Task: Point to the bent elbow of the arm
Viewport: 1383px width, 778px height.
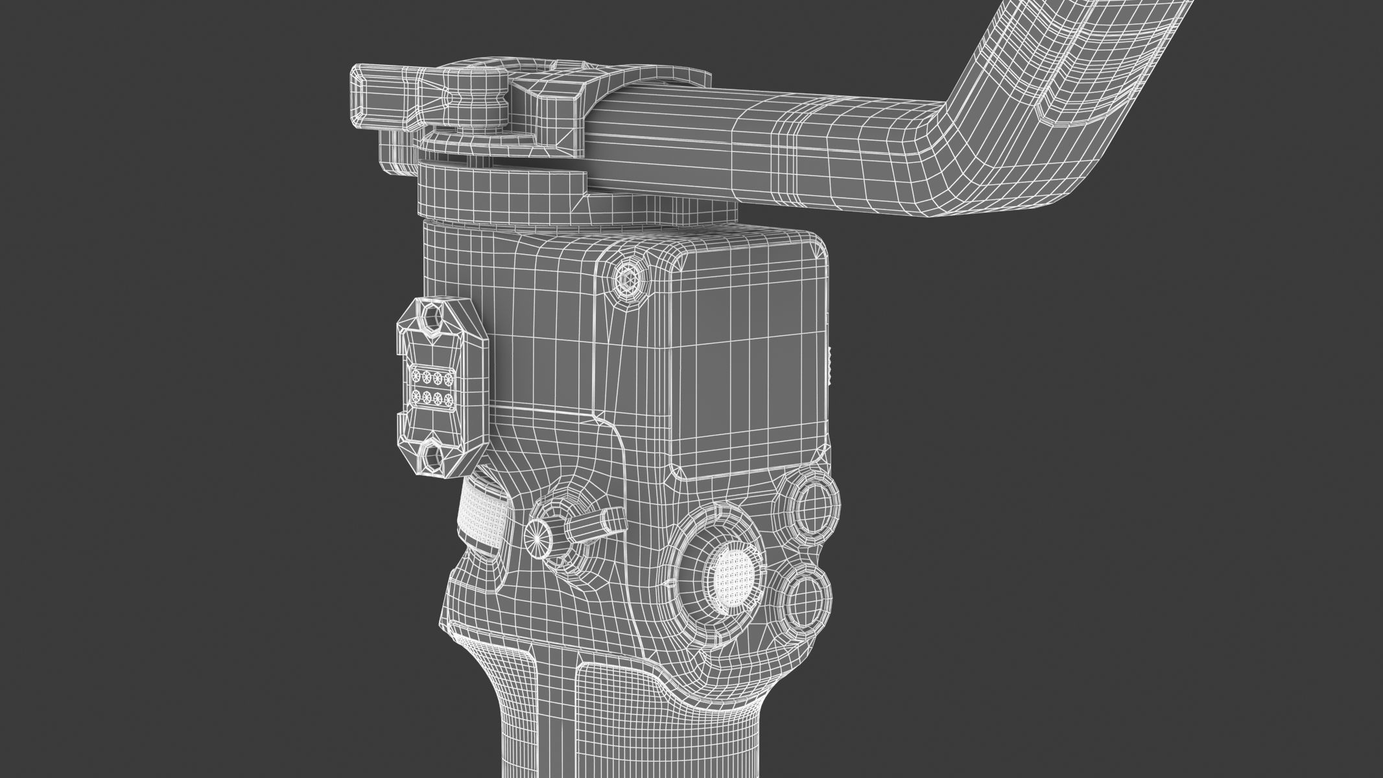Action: point(934,156)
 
